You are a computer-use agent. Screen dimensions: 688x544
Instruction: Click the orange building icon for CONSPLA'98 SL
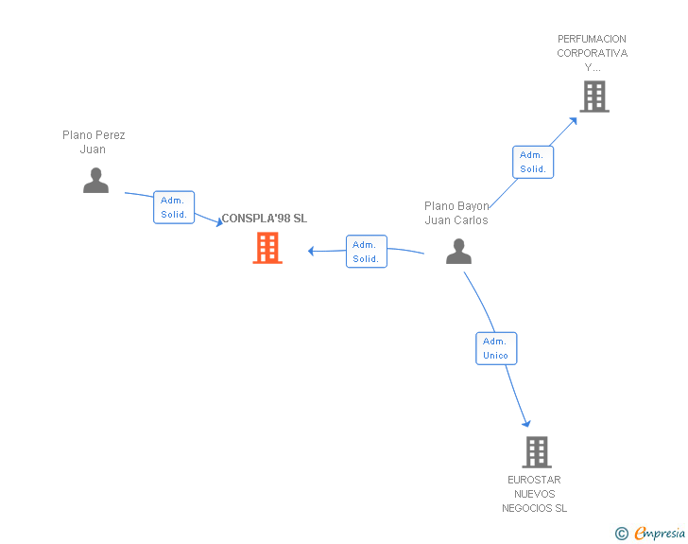[267, 248]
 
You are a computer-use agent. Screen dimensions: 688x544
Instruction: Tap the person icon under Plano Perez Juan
[95, 180]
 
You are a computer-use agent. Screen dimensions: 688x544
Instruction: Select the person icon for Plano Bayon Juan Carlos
[458, 252]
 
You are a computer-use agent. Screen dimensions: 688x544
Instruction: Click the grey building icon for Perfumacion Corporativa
[594, 97]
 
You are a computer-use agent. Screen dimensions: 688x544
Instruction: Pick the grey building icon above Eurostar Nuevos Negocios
[537, 451]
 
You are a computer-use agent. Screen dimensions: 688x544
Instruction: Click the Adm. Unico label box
[496, 348]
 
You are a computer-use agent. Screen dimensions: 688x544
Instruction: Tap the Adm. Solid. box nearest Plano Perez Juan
[174, 207]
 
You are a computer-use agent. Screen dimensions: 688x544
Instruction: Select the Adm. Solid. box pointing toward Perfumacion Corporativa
[533, 162]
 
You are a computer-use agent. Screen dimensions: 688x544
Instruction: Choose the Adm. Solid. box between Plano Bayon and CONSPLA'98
[367, 252]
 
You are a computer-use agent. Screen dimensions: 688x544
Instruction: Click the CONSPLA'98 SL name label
[265, 219]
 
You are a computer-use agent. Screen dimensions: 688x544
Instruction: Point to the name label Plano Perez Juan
[94, 142]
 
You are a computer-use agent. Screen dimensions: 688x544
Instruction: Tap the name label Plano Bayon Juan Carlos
[456, 213]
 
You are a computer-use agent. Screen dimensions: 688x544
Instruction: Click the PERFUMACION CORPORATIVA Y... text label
[592, 53]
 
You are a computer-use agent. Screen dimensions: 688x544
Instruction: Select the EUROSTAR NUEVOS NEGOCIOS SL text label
[535, 494]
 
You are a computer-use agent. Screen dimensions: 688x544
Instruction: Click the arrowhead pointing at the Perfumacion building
[573, 121]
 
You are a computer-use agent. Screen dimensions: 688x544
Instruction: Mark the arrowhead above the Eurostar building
[526, 423]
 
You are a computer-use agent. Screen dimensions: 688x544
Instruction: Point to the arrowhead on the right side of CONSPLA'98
[311, 251]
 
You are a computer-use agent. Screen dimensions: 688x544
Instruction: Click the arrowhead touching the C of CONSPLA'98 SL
[220, 222]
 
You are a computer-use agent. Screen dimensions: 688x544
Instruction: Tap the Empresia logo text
[660, 533]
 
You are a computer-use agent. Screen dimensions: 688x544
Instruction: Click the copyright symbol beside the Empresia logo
[621, 534]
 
